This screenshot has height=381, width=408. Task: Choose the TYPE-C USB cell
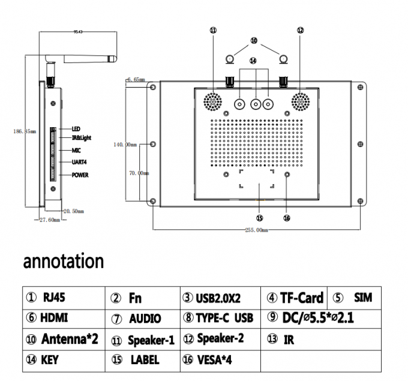point(218,318)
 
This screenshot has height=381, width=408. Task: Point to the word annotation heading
point(63,262)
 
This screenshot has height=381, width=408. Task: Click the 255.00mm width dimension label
point(256,230)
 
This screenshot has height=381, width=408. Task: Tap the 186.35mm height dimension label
point(25,131)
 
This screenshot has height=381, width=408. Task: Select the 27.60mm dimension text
point(50,220)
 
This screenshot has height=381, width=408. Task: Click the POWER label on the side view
point(80,175)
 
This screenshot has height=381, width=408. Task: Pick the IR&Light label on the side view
point(82,138)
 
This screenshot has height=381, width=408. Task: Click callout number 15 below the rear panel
point(260,218)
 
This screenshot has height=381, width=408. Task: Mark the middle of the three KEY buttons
point(256,104)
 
